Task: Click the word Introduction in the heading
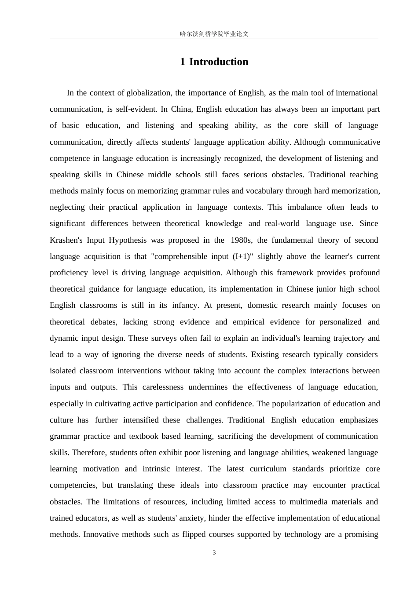click(219, 62)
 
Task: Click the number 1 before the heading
click(183, 62)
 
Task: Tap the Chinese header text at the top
click(214, 34)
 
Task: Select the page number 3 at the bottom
click(214, 553)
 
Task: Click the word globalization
click(149, 93)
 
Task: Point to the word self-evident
click(136, 109)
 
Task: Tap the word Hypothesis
click(128, 240)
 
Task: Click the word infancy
click(185, 305)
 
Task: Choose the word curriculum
click(268, 469)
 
